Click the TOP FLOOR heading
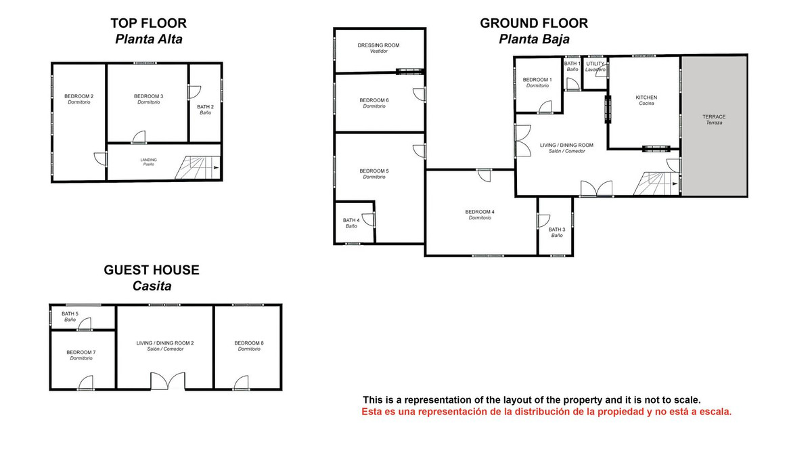(148, 24)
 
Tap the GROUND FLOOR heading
(534, 23)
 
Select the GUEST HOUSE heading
(152, 270)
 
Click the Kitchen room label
(646, 97)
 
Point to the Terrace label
(714, 116)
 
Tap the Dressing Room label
(379, 45)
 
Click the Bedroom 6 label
(374, 101)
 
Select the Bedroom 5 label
(374, 171)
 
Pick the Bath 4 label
(351, 220)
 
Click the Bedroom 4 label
(480, 212)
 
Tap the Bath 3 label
(557, 230)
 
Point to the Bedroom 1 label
(537, 80)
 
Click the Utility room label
(595, 64)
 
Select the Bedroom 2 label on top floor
(79, 96)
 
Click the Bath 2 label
(205, 107)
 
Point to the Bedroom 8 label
(249, 344)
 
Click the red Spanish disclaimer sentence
(547, 412)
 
